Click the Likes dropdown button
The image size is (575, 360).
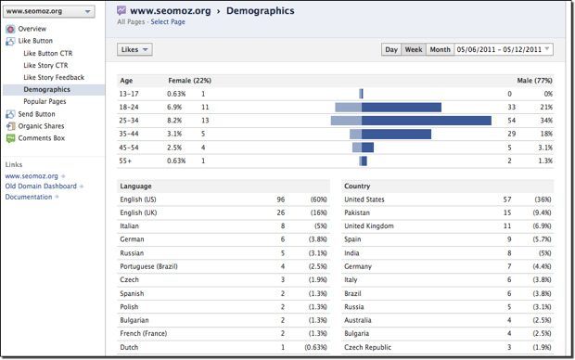click(134, 49)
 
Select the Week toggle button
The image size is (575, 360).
click(414, 49)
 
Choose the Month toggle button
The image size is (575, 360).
click(440, 49)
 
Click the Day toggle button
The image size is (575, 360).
click(391, 49)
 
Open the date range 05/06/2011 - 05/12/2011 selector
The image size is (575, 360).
click(505, 49)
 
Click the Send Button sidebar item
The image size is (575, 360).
click(36, 114)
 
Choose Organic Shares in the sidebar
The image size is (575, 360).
click(42, 126)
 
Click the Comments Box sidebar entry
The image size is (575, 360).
click(41, 138)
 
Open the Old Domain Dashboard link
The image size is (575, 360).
click(41, 186)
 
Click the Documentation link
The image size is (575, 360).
click(29, 197)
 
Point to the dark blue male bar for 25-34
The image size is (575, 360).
click(427, 121)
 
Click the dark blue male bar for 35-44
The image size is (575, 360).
click(397, 134)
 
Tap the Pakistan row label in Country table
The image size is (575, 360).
click(359, 212)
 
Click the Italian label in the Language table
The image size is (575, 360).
click(131, 225)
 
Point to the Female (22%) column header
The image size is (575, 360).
click(189, 81)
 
